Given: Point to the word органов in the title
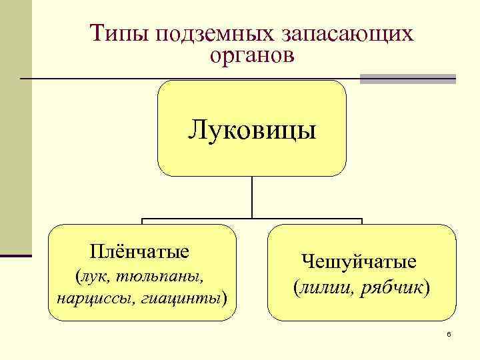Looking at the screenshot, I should [x=251, y=56].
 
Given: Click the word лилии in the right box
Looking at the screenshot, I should [x=323, y=288].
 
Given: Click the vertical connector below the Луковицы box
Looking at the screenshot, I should [x=252, y=197].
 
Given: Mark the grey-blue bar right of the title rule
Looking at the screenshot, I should [x=407, y=79].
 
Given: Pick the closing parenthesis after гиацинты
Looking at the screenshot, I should [x=225, y=295].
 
